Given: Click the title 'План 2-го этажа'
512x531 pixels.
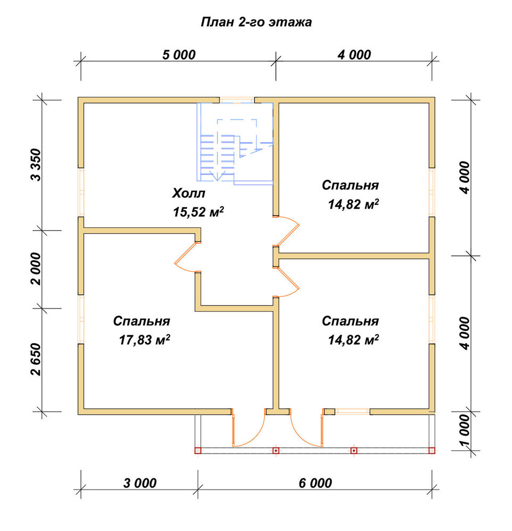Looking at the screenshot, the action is click(256, 22).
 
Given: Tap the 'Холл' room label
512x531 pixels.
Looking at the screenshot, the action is click(189, 193).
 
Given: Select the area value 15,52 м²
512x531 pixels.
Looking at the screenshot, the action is click(198, 212).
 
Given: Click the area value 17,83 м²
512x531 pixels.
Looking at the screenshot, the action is click(145, 340).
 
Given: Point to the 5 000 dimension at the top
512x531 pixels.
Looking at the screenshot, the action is click(179, 55).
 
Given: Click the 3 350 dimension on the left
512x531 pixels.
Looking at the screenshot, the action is click(36, 165).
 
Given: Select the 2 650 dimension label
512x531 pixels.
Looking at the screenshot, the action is click(36, 359).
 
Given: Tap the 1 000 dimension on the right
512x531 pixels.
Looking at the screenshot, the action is click(465, 430).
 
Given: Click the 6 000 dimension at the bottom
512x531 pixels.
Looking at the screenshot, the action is click(315, 483).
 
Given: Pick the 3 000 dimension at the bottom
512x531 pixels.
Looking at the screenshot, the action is click(140, 483).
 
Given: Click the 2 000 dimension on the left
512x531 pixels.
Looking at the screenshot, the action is click(36, 269).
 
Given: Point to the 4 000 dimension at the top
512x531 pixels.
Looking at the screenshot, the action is click(354, 55).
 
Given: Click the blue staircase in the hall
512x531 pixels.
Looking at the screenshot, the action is click(235, 144).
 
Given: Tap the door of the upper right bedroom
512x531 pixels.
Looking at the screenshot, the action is click(288, 231).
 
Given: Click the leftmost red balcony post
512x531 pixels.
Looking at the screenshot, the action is click(198, 451).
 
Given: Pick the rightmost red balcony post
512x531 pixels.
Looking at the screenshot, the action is click(432, 451).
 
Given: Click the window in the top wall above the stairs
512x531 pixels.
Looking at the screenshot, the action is click(237, 100).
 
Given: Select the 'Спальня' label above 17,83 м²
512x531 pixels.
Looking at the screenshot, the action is click(142, 321).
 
